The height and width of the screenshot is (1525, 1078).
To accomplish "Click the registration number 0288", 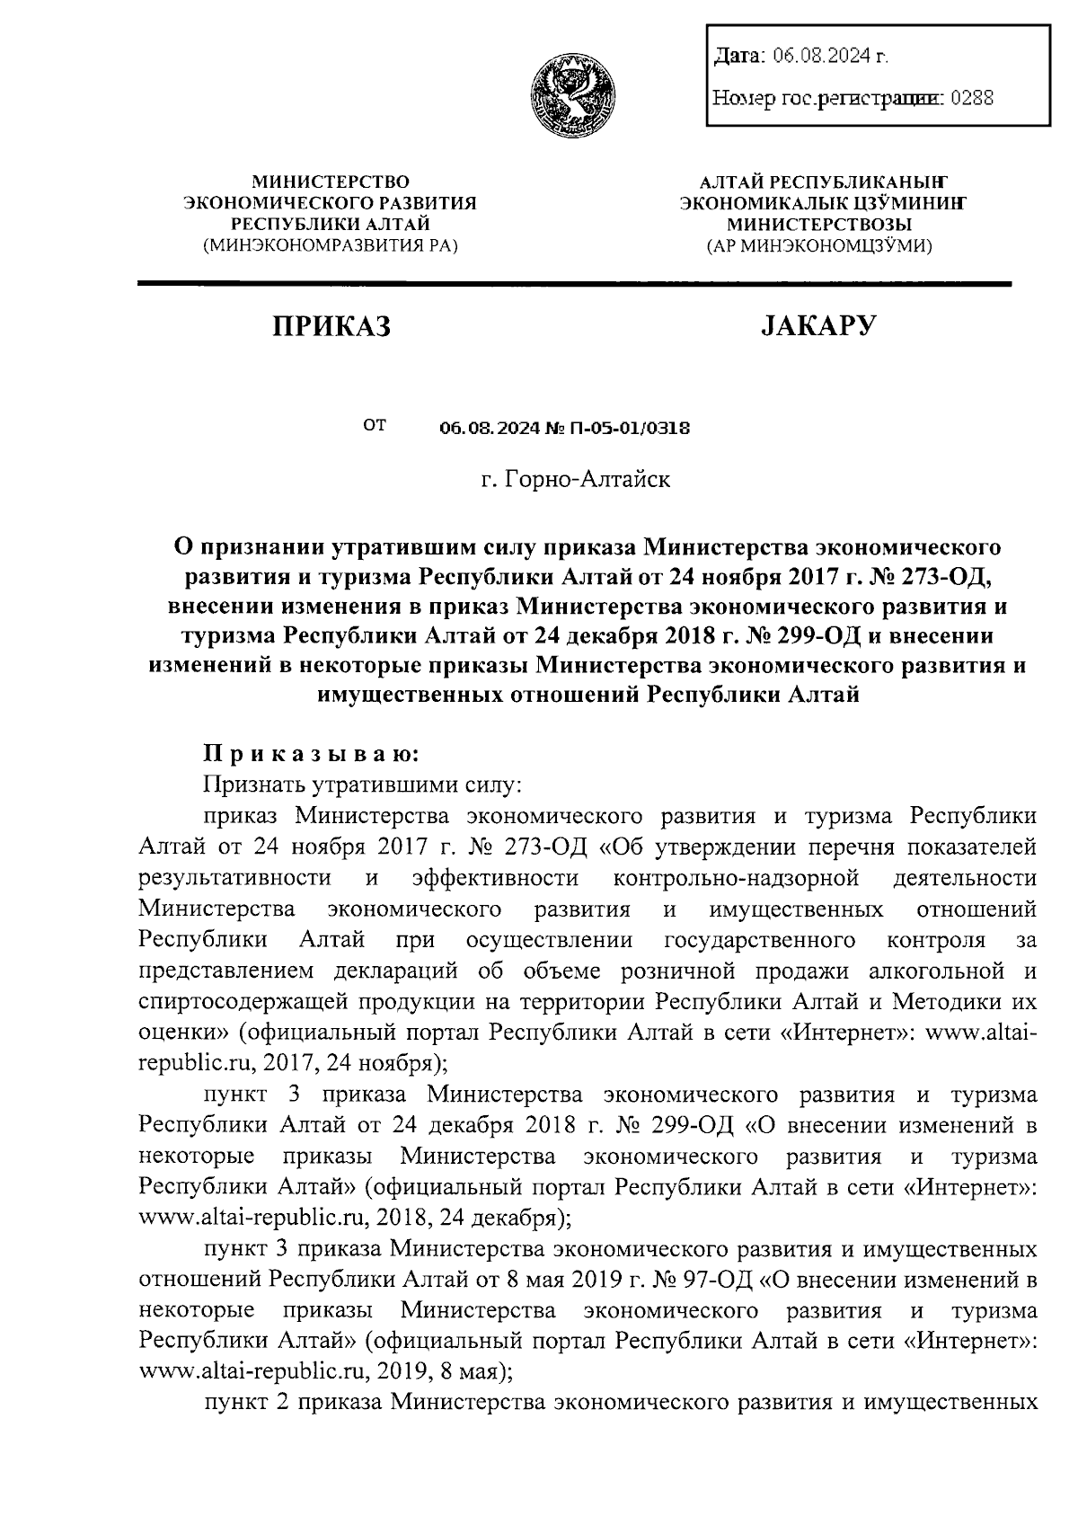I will (972, 98).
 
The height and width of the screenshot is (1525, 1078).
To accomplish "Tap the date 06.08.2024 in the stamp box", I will (823, 57).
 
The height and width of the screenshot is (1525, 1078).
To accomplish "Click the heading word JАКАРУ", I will (817, 326).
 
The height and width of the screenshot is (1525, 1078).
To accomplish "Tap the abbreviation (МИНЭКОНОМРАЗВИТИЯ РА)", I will (330, 244).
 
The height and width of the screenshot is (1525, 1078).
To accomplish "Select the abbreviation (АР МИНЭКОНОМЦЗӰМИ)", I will (819, 244).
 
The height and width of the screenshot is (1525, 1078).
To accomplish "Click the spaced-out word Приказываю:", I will (309, 751).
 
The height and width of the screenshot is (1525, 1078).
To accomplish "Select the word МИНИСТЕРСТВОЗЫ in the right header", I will (819, 224).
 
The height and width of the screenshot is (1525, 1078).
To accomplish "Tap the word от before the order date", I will (375, 423).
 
